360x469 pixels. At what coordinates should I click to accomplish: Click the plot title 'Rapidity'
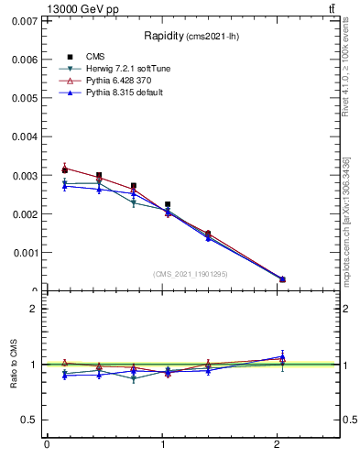coord(165,36)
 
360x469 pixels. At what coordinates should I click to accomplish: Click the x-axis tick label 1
coord(162,445)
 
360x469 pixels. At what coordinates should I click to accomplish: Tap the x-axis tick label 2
coord(278,445)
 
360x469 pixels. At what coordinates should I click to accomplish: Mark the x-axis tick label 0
coord(47,445)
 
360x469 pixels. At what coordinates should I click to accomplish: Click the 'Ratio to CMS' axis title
coord(15,365)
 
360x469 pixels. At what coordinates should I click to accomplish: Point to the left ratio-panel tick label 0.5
coord(28,420)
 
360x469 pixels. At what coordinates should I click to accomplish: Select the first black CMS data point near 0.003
coord(64,169)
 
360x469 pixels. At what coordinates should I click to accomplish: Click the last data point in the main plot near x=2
coord(282,279)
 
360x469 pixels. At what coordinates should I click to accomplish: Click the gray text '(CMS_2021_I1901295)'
coord(190,274)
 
